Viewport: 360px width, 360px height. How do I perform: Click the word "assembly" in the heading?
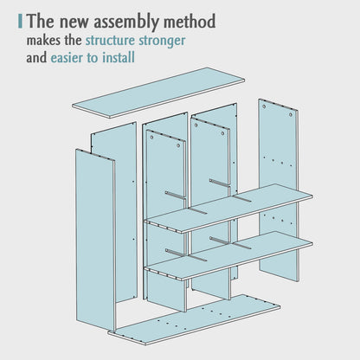click(126, 22)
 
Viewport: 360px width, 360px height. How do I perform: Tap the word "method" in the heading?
click(190, 22)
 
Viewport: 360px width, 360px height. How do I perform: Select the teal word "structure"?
click(110, 40)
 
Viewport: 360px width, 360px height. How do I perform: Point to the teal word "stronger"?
click(162, 41)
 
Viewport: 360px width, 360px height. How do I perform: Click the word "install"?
click(119, 57)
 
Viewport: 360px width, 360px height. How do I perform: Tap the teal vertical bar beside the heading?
click(20, 22)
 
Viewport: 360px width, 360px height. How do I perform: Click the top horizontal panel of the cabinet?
click(158, 93)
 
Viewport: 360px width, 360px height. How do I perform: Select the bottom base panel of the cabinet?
click(194, 319)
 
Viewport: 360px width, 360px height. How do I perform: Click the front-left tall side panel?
click(95, 240)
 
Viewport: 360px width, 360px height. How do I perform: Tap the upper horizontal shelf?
click(228, 208)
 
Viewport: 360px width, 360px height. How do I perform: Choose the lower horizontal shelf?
click(228, 255)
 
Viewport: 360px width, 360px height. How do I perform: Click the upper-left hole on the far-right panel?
click(264, 106)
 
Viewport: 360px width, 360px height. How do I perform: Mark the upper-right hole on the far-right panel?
click(291, 115)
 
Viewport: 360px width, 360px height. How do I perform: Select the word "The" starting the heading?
click(42, 22)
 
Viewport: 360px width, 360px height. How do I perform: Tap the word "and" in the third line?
click(36, 57)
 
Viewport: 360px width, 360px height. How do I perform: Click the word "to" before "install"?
click(93, 58)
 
